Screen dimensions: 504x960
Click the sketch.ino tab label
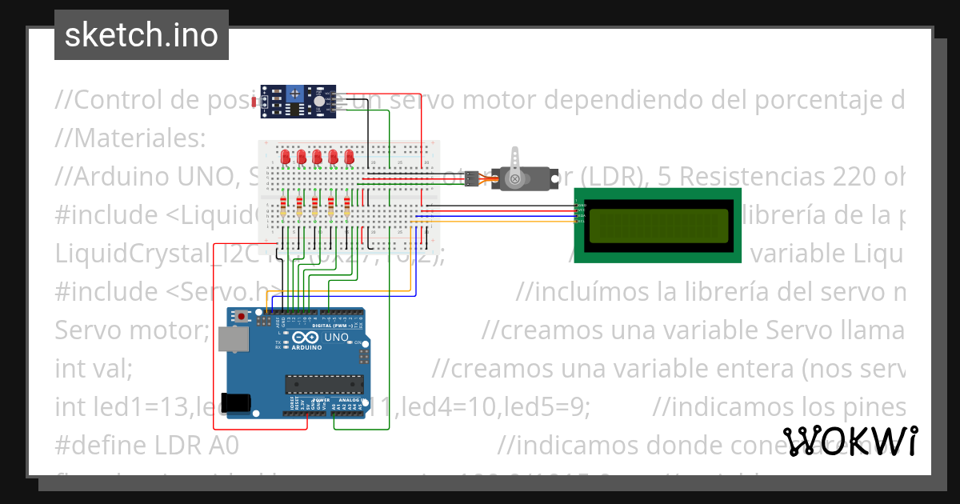point(141,35)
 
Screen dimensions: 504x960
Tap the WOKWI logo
point(850,441)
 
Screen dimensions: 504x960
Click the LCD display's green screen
point(658,226)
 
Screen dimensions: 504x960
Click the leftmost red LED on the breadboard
point(286,157)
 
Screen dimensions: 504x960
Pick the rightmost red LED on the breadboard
point(349,157)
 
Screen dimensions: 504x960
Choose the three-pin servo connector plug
point(472,178)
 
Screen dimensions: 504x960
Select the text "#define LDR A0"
point(146,445)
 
